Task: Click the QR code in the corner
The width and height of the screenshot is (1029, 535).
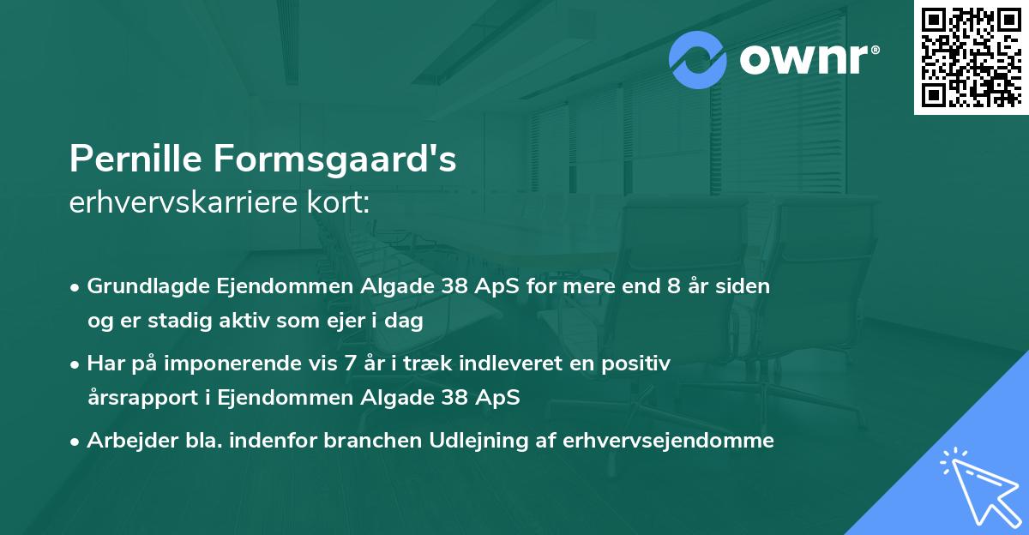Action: point(972,57)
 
